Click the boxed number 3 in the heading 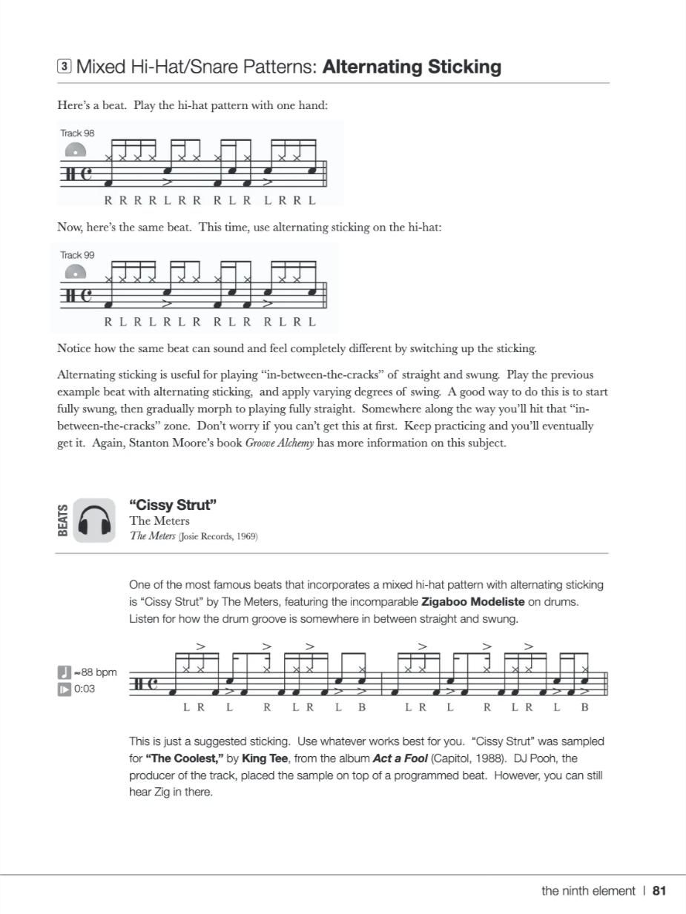click(x=65, y=67)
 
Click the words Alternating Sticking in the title click(x=412, y=67)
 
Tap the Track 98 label click(x=77, y=133)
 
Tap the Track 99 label click(x=77, y=254)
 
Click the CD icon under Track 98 click(x=75, y=150)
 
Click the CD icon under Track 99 click(x=75, y=272)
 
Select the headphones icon click(x=94, y=520)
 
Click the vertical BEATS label click(x=64, y=520)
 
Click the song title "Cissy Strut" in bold click(x=173, y=506)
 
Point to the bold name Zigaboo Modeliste click(x=474, y=601)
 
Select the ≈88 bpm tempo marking click(x=93, y=672)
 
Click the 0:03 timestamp click(x=85, y=689)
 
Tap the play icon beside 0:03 click(x=64, y=689)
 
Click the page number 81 click(x=659, y=891)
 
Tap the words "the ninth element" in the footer click(x=588, y=891)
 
